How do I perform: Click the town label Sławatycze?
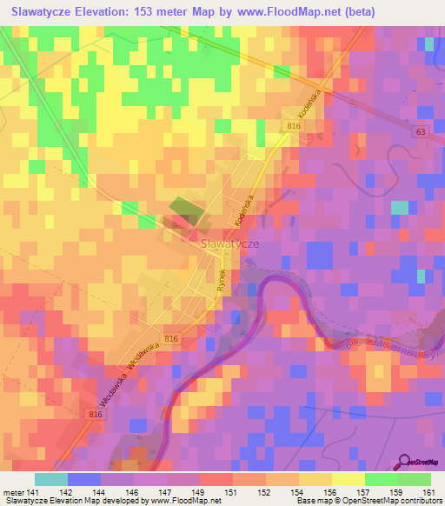pyautogui.click(x=229, y=244)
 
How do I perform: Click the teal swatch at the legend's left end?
pyautogui.click(x=50, y=479)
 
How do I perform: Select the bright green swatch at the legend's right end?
pyautogui.click(x=414, y=479)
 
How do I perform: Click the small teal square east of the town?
pyautogui.click(x=399, y=208)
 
